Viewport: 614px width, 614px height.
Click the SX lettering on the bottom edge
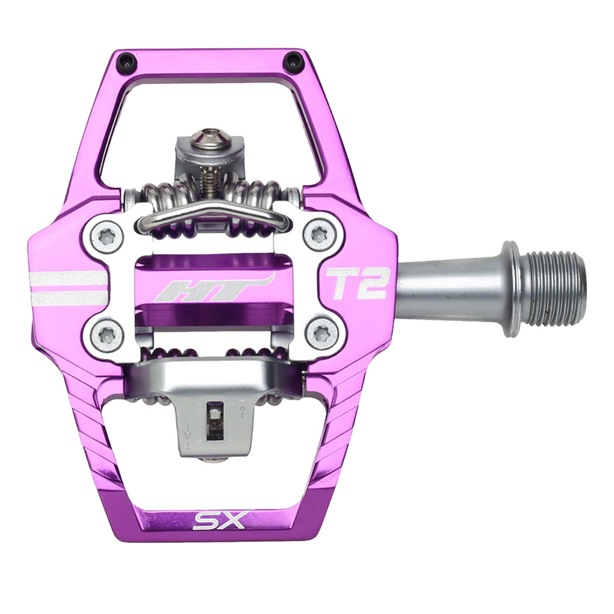click(x=219, y=519)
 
